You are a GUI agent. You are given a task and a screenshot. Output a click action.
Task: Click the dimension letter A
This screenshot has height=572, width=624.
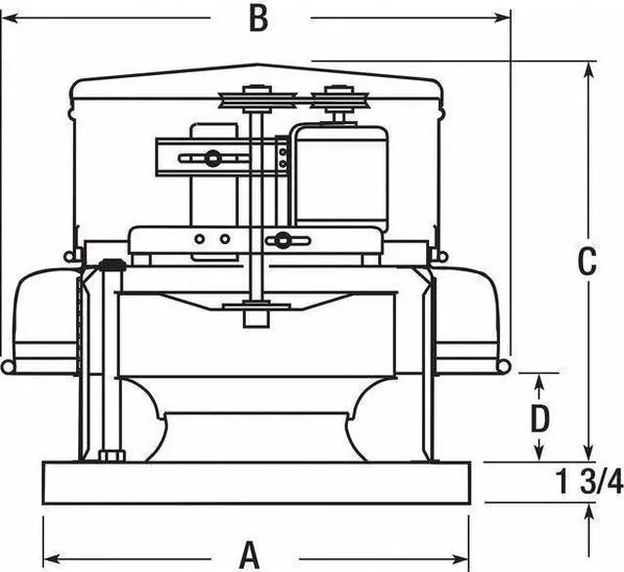251,553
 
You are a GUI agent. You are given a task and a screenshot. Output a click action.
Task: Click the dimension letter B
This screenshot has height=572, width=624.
257,19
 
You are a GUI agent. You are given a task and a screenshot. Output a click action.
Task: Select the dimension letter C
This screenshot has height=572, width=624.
586,262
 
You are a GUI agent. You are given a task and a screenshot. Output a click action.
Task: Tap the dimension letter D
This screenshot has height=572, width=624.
539,419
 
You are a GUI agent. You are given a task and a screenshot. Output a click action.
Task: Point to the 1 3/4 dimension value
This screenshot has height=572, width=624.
589,481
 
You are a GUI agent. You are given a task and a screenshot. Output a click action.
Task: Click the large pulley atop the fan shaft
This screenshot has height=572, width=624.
257,99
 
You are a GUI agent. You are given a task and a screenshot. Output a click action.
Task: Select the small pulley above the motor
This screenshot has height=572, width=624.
335,98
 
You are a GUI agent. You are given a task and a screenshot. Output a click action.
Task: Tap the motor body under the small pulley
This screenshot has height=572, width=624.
341,176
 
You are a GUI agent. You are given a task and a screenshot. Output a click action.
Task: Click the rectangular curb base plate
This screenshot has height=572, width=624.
256,482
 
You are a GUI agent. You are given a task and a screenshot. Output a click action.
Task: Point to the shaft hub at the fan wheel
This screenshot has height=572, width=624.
257,314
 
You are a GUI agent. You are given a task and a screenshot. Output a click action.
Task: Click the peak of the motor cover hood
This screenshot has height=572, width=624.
258,66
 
